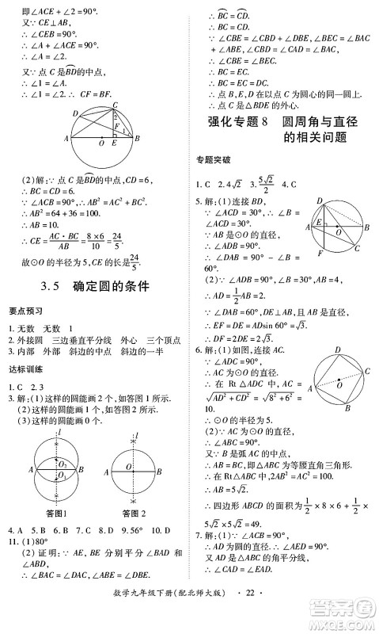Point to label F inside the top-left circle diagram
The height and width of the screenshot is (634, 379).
[117, 125]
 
